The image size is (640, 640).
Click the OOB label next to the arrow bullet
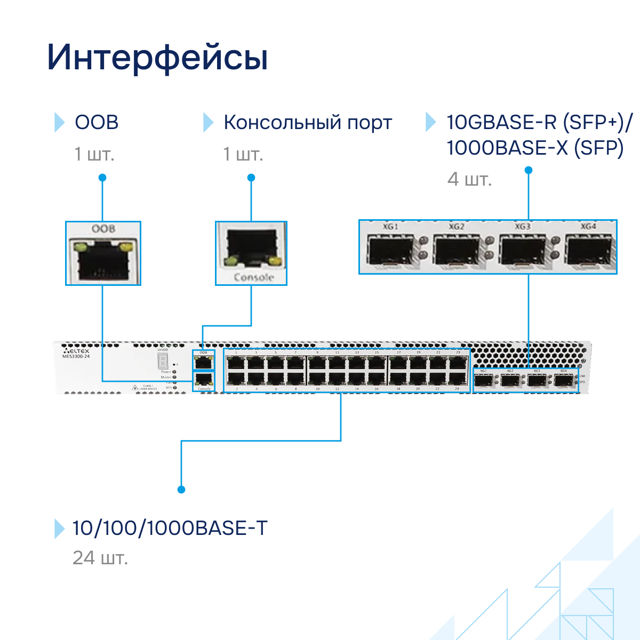(97, 122)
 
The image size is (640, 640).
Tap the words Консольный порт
(308, 122)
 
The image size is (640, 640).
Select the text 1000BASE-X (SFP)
(535, 148)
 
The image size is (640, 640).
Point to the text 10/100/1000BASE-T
(170, 528)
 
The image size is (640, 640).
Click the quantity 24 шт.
(100, 558)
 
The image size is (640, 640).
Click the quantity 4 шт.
(469, 179)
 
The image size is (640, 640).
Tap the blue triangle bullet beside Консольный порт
(208, 122)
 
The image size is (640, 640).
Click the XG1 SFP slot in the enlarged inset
(391, 251)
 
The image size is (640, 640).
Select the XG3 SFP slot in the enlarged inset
(522, 251)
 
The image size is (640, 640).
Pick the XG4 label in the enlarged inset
(588, 227)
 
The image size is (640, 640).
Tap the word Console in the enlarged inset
(253, 277)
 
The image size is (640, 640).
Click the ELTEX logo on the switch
(77, 351)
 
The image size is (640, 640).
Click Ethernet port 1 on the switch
(236, 363)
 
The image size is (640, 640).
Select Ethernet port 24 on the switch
(457, 379)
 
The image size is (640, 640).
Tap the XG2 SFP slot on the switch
(510, 381)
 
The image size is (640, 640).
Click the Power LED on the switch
(174, 372)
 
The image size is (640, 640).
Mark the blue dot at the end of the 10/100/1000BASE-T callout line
(181, 490)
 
